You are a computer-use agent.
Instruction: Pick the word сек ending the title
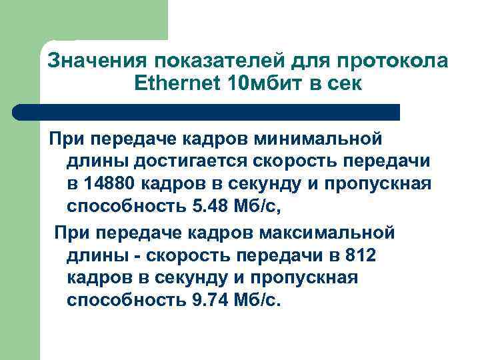(345, 85)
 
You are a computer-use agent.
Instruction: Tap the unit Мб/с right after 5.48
(257, 207)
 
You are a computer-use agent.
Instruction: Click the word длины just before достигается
(97, 161)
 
